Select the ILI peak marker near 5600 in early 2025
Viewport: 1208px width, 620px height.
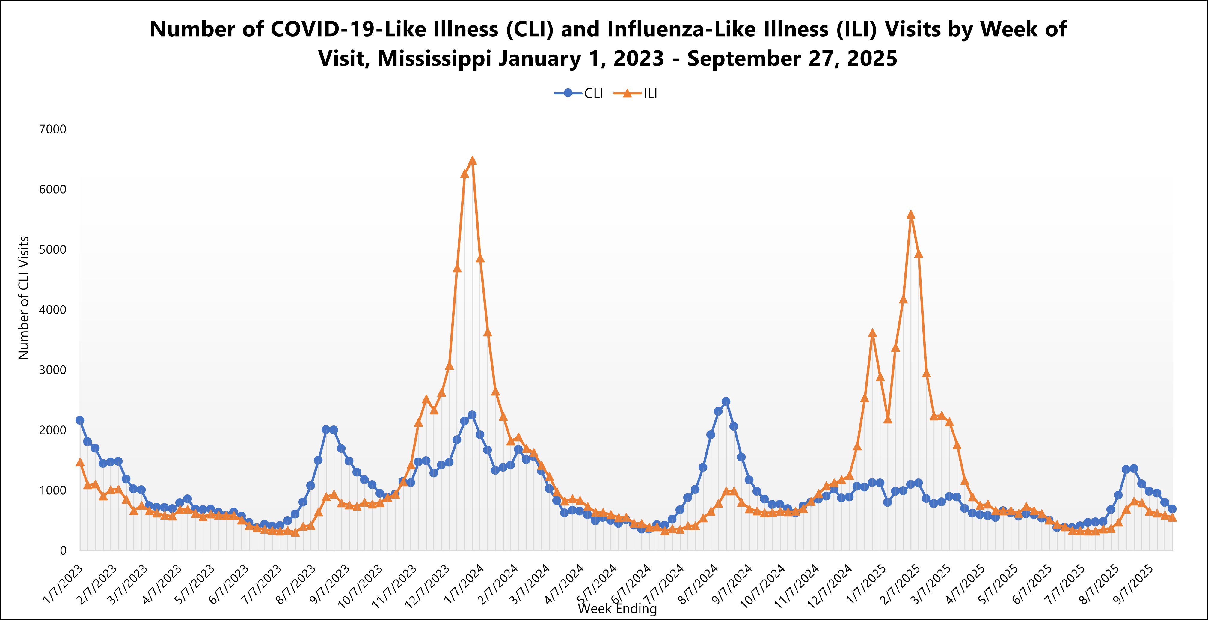click(x=911, y=215)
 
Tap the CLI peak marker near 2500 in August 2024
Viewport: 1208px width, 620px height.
click(x=726, y=401)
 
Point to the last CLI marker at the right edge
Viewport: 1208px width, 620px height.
click(x=1172, y=509)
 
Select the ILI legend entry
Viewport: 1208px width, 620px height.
click(x=636, y=93)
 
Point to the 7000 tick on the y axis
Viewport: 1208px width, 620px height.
click(x=52, y=129)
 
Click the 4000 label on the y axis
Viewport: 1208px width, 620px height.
click(x=52, y=309)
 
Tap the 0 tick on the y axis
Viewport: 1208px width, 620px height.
click(x=63, y=550)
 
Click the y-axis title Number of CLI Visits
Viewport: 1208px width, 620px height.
click(x=23, y=298)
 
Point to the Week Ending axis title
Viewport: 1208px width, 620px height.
click(x=617, y=609)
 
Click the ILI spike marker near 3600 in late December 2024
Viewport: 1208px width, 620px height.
click(x=872, y=333)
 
